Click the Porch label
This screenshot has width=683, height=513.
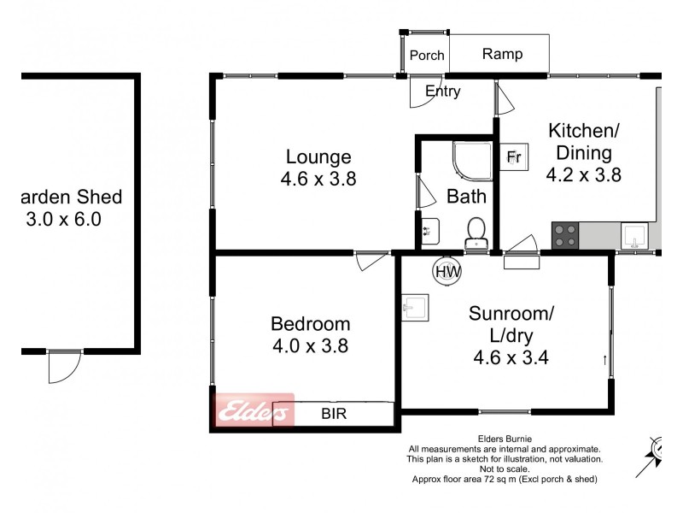426,56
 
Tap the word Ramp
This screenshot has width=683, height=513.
502,55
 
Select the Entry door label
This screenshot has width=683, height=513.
442,91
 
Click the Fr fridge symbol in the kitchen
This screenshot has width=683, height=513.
513,156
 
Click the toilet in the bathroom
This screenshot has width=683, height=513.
476,231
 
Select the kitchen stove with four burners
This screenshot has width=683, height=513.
564,234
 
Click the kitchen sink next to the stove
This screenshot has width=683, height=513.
634,234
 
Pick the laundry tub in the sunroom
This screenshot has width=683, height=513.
415,307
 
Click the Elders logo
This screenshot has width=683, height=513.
254,412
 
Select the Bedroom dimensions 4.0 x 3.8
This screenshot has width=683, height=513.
310,346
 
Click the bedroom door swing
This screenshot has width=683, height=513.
371,260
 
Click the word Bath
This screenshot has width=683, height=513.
466,197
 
